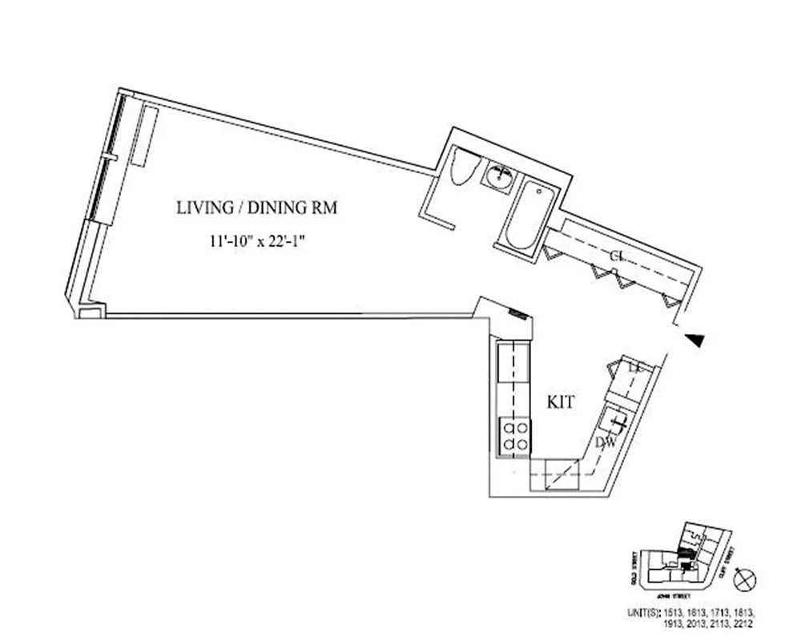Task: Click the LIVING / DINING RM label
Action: (x=256, y=208)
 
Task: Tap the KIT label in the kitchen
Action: (x=560, y=403)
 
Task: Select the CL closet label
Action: (x=617, y=256)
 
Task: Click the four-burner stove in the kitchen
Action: (x=513, y=437)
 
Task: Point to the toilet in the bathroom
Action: (x=464, y=167)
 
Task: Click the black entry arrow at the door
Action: (x=697, y=341)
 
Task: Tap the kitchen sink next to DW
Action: (x=614, y=419)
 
